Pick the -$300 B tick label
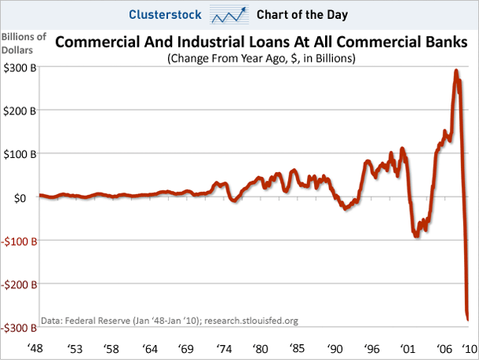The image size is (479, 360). (17, 326)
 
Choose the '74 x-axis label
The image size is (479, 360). (223, 349)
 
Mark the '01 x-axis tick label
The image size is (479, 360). (408, 349)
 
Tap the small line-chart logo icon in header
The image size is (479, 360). (230, 14)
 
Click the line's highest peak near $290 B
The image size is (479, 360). (456, 72)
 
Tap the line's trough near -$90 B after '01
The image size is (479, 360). (417, 235)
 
